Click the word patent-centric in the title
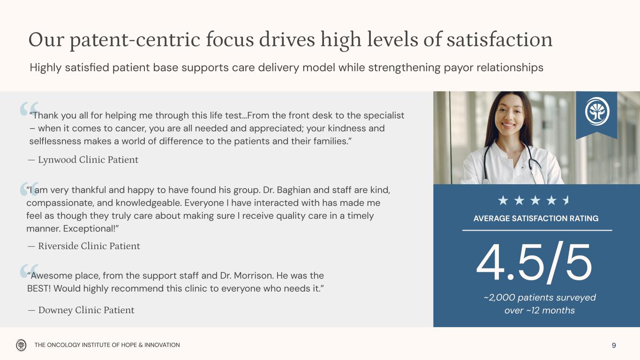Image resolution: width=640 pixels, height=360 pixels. (x=135, y=40)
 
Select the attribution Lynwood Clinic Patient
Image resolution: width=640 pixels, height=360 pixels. (x=88, y=160)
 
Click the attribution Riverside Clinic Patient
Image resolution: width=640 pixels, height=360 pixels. (x=89, y=246)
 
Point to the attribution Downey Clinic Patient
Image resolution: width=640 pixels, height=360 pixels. (x=86, y=310)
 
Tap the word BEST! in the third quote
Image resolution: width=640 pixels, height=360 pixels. (x=39, y=289)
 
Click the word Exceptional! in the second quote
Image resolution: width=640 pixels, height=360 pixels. (x=89, y=229)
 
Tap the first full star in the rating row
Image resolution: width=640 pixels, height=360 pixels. (x=503, y=201)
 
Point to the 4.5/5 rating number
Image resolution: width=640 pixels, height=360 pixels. (x=534, y=263)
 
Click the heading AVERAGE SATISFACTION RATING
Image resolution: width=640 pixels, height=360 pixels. (x=536, y=218)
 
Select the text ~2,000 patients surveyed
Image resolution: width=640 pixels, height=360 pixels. (x=540, y=298)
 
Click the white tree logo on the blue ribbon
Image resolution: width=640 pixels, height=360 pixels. (x=597, y=111)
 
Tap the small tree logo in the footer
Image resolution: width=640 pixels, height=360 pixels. (x=21, y=345)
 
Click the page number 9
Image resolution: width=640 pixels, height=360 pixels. (x=614, y=345)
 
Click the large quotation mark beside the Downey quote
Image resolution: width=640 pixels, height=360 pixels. (x=29, y=271)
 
